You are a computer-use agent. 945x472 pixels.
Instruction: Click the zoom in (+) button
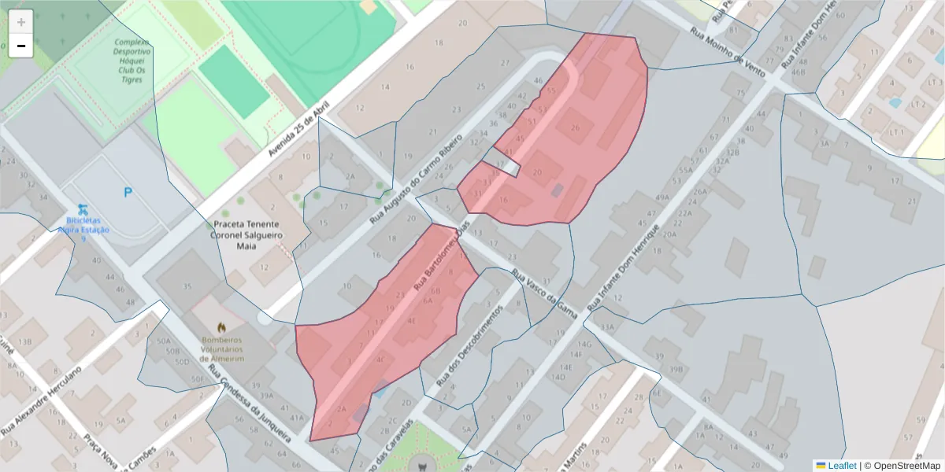pos(21,22)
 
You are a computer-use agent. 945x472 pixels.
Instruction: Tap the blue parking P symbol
pos(128,192)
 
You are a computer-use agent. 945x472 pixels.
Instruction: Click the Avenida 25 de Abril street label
pos(298,132)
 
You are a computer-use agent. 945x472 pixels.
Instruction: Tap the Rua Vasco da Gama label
pos(545,294)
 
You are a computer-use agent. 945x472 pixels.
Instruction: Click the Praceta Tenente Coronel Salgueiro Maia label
pos(246,234)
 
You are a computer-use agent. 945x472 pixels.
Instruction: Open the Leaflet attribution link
pos(841,466)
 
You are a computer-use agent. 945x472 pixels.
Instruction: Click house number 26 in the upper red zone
pos(576,128)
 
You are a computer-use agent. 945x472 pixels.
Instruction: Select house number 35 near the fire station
pos(187,286)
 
